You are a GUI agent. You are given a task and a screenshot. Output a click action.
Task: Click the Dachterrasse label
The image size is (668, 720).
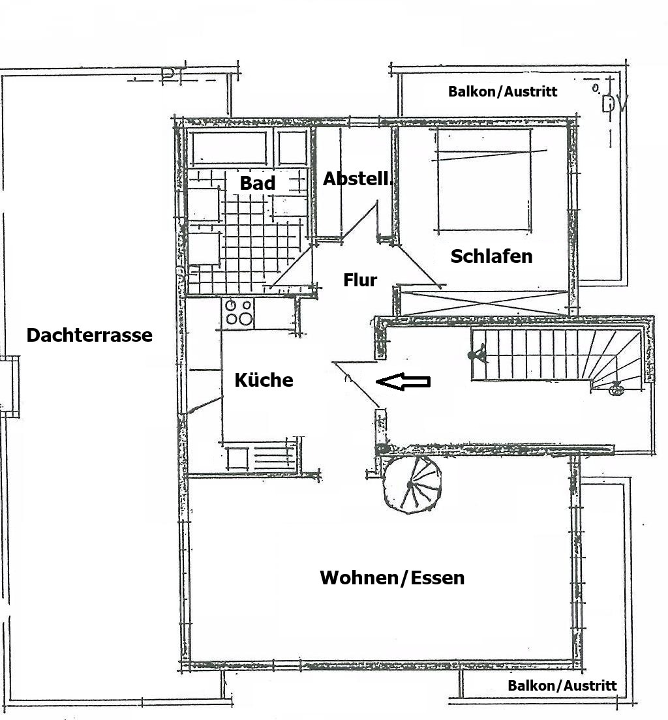[89, 335]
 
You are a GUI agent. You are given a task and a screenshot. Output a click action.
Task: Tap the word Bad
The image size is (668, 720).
[258, 183]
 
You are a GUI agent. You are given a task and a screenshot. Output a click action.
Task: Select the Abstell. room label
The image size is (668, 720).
[357, 179]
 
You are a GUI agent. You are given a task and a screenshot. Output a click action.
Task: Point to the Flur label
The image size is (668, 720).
[360, 280]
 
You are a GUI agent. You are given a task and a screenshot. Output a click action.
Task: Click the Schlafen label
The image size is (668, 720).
[491, 256]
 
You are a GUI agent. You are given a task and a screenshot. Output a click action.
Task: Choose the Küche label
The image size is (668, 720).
[264, 380]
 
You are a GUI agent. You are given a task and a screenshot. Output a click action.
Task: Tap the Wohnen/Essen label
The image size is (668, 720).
[392, 578]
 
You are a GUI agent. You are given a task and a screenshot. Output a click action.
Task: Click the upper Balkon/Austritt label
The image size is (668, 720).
[502, 91]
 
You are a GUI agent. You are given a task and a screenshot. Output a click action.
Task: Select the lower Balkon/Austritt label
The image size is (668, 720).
[562, 685]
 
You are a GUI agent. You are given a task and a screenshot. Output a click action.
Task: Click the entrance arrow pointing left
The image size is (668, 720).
[404, 382]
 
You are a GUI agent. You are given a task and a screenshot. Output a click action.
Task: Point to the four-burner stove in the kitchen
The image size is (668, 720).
[238, 312]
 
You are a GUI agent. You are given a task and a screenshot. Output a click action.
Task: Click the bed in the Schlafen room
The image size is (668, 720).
[483, 180]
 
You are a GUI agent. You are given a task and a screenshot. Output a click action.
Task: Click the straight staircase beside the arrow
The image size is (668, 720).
[554, 355]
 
